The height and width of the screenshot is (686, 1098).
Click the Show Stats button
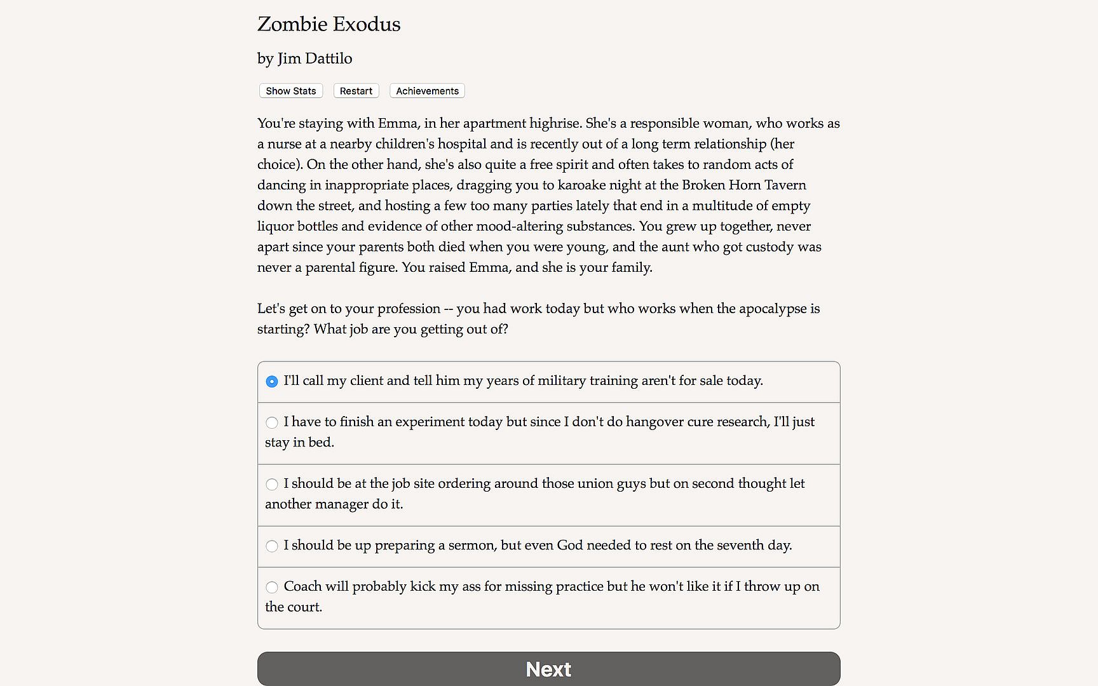click(x=291, y=91)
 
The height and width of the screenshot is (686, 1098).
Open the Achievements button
click(x=427, y=91)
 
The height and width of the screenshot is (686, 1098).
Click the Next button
click(x=548, y=669)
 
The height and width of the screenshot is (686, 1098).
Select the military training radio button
click(x=272, y=382)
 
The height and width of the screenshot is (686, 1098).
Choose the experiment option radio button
click(x=272, y=422)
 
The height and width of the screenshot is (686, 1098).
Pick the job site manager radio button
click(x=272, y=484)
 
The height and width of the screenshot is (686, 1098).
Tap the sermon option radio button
click(x=272, y=546)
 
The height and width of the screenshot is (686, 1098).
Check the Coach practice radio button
click(x=272, y=587)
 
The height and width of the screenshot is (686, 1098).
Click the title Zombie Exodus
click(x=329, y=24)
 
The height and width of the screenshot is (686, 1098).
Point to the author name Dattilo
click(x=329, y=58)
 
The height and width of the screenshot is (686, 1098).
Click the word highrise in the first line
click(x=555, y=123)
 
